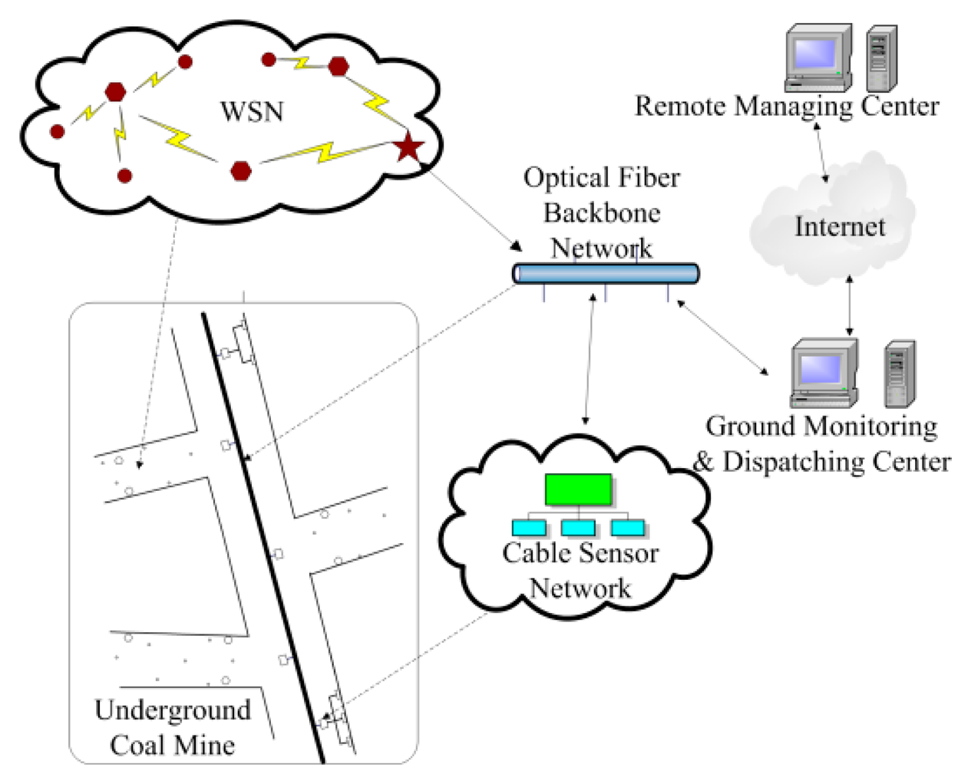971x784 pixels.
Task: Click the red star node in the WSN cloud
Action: pos(408,147)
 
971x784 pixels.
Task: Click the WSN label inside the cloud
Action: pos(252,112)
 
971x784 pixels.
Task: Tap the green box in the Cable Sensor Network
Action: pos(578,489)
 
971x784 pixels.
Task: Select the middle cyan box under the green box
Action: pos(578,528)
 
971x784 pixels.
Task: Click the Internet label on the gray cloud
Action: pos(839,226)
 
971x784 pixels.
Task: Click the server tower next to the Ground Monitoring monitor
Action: pos(899,374)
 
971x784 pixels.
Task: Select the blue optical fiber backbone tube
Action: pos(606,274)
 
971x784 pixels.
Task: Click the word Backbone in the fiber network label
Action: pos(602,212)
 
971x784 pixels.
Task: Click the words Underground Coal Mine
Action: pos(173,726)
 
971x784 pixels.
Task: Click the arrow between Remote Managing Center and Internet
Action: pos(821,153)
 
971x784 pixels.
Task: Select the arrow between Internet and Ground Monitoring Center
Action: pos(850,305)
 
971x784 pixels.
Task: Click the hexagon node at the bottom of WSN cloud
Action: pos(241,170)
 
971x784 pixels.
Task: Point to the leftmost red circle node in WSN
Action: pos(57,131)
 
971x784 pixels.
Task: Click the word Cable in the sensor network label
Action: pos(537,553)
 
